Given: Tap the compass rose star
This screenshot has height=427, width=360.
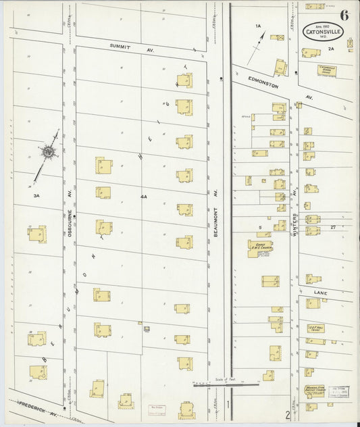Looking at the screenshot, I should tap(49, 154).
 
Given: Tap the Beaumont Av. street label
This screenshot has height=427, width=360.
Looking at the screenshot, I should tap(217, 201).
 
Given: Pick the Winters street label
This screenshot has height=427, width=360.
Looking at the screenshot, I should tap(295, 224).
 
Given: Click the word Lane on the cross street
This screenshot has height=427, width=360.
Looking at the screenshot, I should tap(319, 291).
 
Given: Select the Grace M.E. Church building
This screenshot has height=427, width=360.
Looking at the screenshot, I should tap(261, 247).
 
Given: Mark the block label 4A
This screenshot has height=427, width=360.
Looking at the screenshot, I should tap(143, 196).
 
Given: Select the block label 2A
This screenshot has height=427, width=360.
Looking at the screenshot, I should tap(331, 49).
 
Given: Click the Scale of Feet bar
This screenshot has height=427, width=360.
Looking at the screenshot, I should tap(225, 385).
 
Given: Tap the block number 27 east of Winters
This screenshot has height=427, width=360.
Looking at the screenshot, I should tap(332, 228).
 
